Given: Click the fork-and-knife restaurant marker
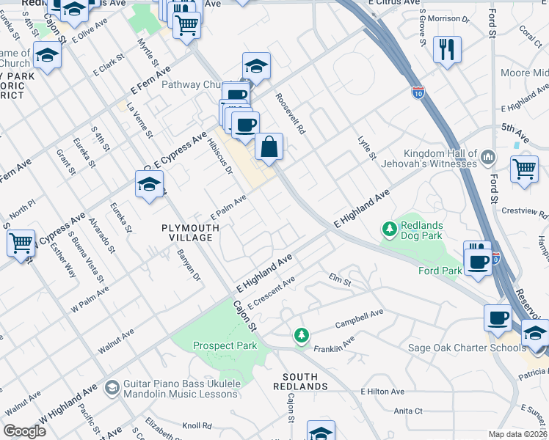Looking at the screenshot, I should (x=447, y=50).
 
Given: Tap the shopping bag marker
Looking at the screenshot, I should (x=269, y=147).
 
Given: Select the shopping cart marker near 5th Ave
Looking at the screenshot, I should (x=525, y=168).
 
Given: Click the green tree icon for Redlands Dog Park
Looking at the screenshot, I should (x=389, y=230).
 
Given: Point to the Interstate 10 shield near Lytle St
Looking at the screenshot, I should (x=418, y=92).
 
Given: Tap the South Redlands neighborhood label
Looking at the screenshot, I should (x=300, y=381).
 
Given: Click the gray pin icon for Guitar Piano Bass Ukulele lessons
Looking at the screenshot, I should (x=112, y=386).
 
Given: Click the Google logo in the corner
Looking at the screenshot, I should (x=25, y=431).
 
